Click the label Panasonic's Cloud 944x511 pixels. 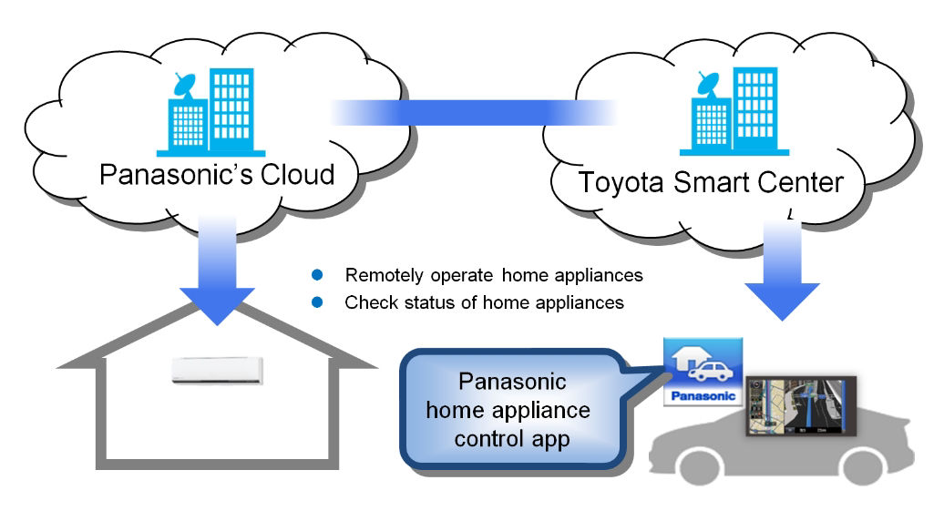(217, 173)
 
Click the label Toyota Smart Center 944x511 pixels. (710, 181)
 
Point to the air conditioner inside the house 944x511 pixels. (219, 370)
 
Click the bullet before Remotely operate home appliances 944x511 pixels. (318, 275)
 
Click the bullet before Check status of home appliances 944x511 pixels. (318, 302)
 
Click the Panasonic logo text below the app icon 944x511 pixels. (702, 397)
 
